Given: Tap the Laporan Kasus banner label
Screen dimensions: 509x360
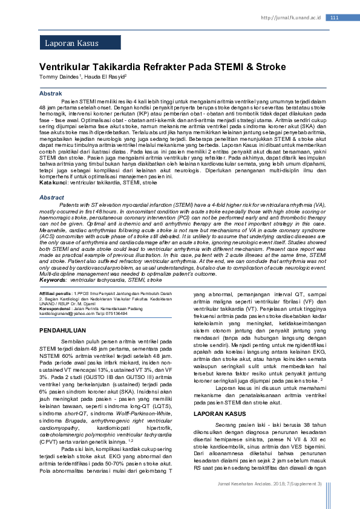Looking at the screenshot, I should coord(71,44).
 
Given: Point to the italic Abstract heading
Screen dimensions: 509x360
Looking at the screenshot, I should coord(51,198).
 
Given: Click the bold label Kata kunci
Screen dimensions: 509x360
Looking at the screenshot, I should coord(53,182).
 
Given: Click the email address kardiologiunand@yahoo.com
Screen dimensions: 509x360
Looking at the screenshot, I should coord(67,314).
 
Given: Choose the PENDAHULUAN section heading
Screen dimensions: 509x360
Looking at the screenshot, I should coord(63,331).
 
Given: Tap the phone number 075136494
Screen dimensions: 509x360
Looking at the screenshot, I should coord(113,314).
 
